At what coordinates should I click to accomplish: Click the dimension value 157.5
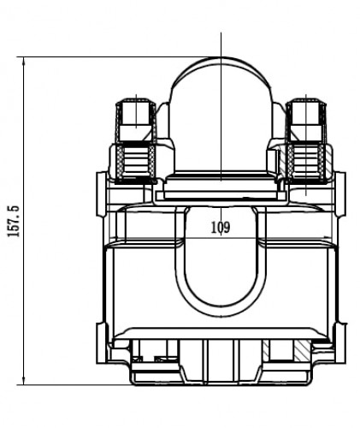[14, 221]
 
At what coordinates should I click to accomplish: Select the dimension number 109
[221, 228]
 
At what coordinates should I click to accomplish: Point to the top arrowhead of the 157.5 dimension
[24, 61]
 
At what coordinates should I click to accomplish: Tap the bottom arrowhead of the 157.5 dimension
[24, 381]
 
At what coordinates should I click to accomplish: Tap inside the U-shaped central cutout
[221, 271]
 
